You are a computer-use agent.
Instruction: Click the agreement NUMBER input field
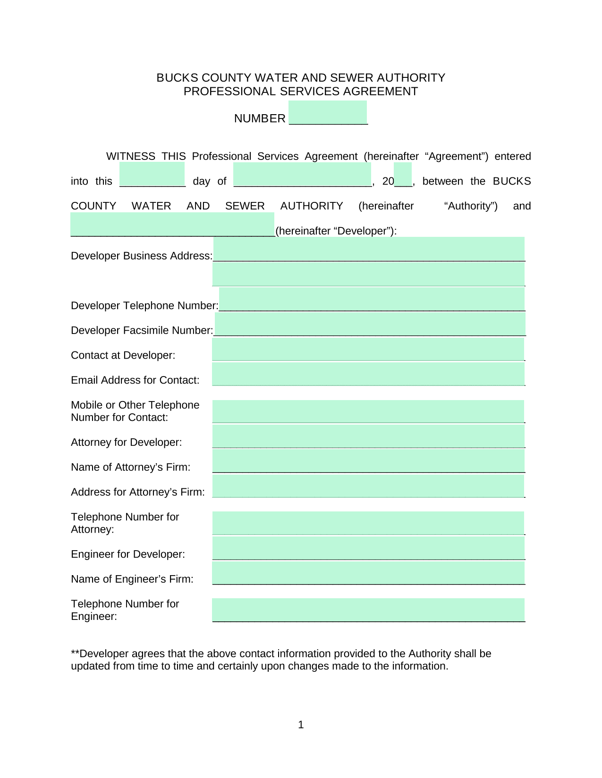tap(328, 112)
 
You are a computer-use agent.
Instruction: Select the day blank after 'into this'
tap(152, 175)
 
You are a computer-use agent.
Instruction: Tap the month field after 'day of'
tap(302, 175)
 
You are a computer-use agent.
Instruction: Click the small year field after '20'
tap(403, 175)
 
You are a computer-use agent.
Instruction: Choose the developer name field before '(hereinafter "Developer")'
tap(172, 224)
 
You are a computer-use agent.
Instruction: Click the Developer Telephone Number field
tap(372, 299)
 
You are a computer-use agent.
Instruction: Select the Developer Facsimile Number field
tap(370, 324)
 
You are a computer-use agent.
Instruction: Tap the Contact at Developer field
tap(368, 349)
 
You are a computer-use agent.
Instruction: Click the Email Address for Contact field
tap(368, 374)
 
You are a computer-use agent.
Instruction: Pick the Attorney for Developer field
tap(368, 436)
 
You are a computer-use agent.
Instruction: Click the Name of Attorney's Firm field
tap(368, 461)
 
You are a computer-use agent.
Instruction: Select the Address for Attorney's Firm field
tap(368, 486)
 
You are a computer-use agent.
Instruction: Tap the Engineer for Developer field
tap(368, 548)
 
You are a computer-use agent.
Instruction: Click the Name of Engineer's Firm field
tap(368, 573)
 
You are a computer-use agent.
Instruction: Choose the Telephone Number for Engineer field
tap(368, 610)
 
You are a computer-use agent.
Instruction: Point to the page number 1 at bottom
tap(301, 725)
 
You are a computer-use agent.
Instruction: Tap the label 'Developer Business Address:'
tap(142, 256)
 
